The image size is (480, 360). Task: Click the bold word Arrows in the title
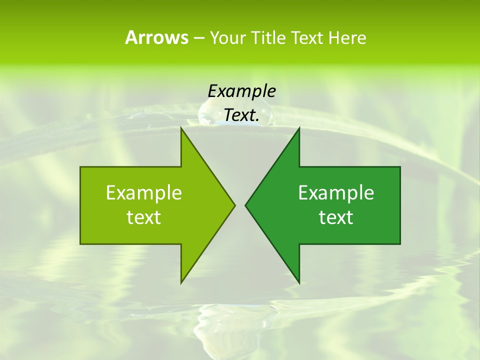click(x=156, y=37)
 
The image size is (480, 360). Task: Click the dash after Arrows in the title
click(x=198, y=38)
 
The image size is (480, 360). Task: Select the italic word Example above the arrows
click(x=241, y=91)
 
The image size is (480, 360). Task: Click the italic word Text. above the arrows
click(x=241, y=115)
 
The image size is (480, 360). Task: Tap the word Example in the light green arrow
click(x=144, y=193)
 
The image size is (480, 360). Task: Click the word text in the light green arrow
click(x=144, y=217)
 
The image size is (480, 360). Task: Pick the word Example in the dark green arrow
click(x=336, y=193)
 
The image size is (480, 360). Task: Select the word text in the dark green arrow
click(x=336, y=217)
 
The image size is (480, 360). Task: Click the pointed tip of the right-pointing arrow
click(x=234, y=205)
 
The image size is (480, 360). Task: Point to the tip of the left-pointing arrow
click(x=246, y=205)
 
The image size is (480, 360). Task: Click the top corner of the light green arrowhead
click(x=181, y=128)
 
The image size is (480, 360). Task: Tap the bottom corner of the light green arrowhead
click(x=181, y=282)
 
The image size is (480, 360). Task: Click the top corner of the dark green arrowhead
click(x=299, y=128)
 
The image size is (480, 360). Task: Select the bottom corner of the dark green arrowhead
click(x=299, y=282)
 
